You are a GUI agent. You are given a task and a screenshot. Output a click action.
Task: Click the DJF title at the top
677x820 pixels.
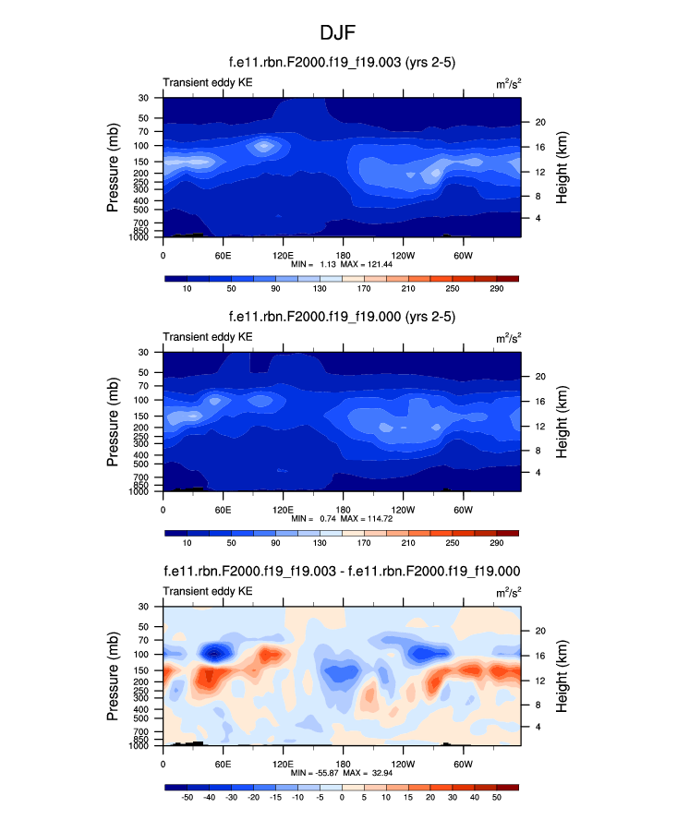pyautogui.click(x=338, y=33)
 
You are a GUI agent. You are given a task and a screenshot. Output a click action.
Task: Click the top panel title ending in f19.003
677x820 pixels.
pyautogui.click(x=339, y=63)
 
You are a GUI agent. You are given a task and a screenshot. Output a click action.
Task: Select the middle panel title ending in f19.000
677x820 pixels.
pyautogui.click(x=339, y=317)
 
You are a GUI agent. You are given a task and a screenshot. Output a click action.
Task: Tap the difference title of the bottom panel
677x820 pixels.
pyautogui.click(x=341, y=571)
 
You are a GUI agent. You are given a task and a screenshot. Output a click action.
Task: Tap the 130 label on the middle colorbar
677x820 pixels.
pyautogui.click(x=320, y=544)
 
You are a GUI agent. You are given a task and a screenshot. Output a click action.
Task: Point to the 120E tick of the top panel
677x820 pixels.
pyautogui.click(x=282, y=255)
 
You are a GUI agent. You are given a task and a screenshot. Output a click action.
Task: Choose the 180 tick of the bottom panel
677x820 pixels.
pyautogui.click(x=342, y=764)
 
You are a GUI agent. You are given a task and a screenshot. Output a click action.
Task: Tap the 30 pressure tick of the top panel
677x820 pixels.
pyautogui.click(x=144, y=98)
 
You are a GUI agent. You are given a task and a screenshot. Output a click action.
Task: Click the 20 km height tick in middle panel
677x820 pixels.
pyautogui.click(x=538, y=376)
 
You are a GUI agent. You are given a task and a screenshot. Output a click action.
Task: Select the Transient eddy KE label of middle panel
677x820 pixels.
pyautogui.click(x=208, y=337)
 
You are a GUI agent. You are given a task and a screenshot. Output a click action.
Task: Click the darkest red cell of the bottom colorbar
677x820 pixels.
pyautogui.click(x=507, y=787)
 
